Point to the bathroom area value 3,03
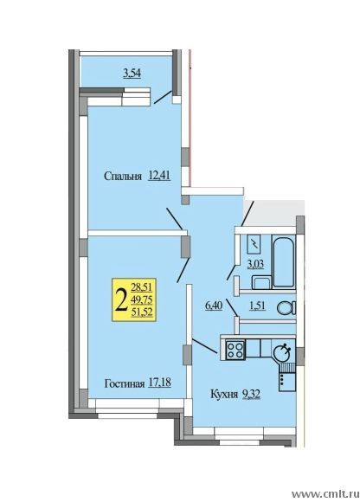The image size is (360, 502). click(x=257, y=264)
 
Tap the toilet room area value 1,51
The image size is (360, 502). click(x=257, y=305)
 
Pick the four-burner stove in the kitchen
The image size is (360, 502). click(x=235, y=349)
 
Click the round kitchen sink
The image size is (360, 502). click(x=280, y=353)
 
